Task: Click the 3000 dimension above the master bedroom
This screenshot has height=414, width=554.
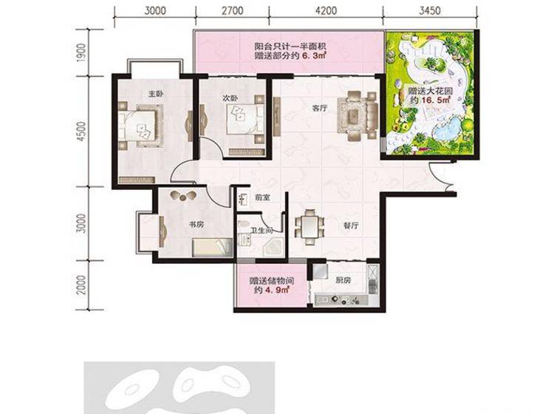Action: [x=155, y=10]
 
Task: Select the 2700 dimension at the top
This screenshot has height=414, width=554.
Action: [x=233, y=10]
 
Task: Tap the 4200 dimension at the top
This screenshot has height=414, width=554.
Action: [x=326, y=10]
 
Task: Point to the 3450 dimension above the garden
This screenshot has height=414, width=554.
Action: [x=430, y=10]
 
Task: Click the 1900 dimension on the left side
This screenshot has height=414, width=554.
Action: [x=81, y=53]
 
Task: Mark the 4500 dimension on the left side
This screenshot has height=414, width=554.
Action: [x=81, y=132]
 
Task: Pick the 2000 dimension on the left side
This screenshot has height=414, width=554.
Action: [x=81, y=285]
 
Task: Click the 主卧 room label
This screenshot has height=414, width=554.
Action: [x=156, y=94]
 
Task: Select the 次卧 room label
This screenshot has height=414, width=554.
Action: [x=230, y=98]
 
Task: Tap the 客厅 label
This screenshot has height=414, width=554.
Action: [x=319, y=108]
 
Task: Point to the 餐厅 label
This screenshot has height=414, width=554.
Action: [x=351, y=225]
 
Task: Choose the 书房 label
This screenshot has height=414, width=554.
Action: [x=196, y=225]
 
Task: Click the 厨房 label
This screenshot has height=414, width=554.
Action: [x=343, y=280]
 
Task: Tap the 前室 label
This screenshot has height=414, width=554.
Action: [x=262, y=197]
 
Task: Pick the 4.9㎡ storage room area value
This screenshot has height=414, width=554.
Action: [x=278, y=291]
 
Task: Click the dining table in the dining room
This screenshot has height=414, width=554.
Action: [x=310, y=227]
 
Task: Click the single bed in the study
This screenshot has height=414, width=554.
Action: [x=212, y=247]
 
